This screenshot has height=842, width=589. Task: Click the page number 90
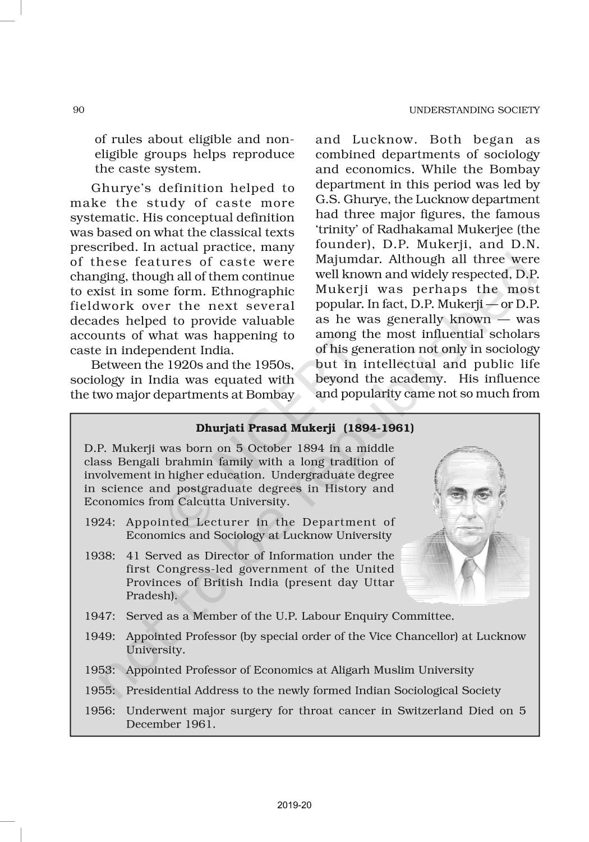coord(79,110)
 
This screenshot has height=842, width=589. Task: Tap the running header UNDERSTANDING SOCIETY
coord(474,110)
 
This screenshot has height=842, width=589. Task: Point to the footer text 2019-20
coord(294,806)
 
